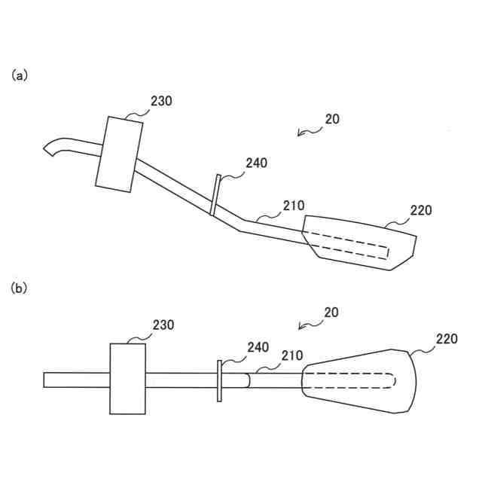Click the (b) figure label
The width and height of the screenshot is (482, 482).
click(x=20, y=288)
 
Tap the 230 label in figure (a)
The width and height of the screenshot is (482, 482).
click(x=161, y=100)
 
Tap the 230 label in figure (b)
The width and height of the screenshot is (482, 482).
click(x=163, y=325)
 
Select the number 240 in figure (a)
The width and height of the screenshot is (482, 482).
click(x=256, y=163)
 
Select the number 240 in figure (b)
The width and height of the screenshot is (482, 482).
click(x=258, y=346)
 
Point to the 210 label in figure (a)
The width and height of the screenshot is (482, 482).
click(x=294, y=205)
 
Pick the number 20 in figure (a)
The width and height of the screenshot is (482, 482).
click(x=332, y=119)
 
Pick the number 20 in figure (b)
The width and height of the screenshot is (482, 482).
click(x=332, y=312)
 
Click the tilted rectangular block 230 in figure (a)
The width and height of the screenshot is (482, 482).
click(x=120, y=154)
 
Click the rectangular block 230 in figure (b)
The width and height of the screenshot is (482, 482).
click(x=128, y=378)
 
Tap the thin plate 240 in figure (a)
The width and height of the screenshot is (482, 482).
click(x=215, y=195)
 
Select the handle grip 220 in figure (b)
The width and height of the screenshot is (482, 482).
click(x=358, y=380)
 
